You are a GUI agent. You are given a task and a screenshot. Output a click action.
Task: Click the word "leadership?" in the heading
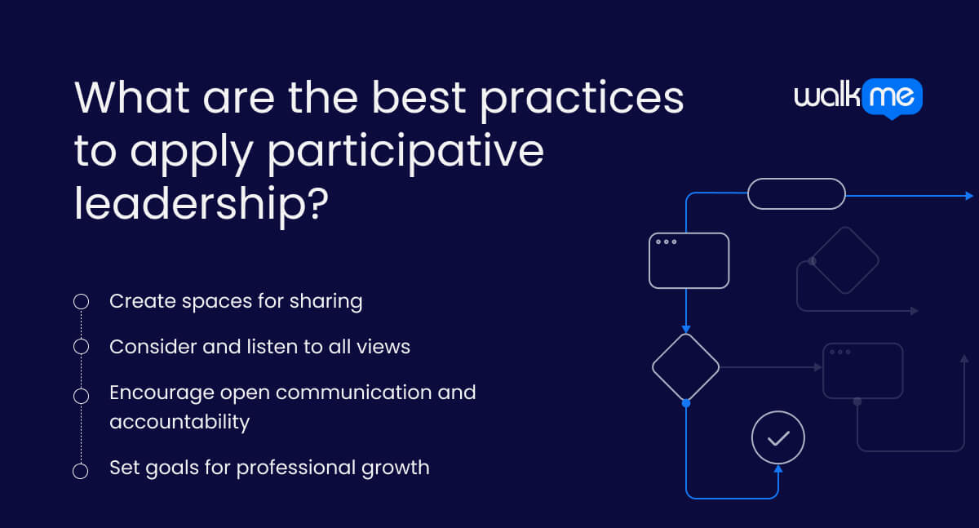pyautogui.click(x=201, y=202)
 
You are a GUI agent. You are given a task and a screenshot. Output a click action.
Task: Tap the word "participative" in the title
pyautogui.click(x=405, y=151)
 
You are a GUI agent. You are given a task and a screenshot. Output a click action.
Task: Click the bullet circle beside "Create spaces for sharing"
pyautogui.click(x=81, y=302)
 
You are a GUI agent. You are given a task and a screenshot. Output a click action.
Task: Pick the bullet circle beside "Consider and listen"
pyautogui.click(x=81, y=347)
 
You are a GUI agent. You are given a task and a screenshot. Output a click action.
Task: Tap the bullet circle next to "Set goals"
pyautogui.click(x=81, y=471)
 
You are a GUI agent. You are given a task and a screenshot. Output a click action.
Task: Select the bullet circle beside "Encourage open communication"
pyautogui.click(x=81, y=396)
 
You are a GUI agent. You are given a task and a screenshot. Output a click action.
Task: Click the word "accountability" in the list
pyautogui.click(x=179, y=422)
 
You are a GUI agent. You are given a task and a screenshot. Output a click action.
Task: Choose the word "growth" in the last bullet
pyautogui.click(x=399, y=468)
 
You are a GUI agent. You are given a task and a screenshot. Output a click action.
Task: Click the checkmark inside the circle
pyautogui.click(x=778, y=438)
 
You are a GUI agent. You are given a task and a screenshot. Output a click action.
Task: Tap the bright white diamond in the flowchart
pyautogui.click(x=685, y=367)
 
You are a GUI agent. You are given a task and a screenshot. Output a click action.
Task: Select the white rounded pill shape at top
pyautogui.click(x=796, y=193)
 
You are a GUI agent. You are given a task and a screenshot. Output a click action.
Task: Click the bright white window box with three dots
pyautogui.click(x=689, y=260)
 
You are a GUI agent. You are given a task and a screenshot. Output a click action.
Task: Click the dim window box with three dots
pyautogui.click(x=862, y=370)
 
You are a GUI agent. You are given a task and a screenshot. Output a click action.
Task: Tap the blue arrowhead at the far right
pyautogui.click(x=968, y=196)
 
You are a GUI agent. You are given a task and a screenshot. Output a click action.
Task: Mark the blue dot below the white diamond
pyautogui.click(x=685, y=403)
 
